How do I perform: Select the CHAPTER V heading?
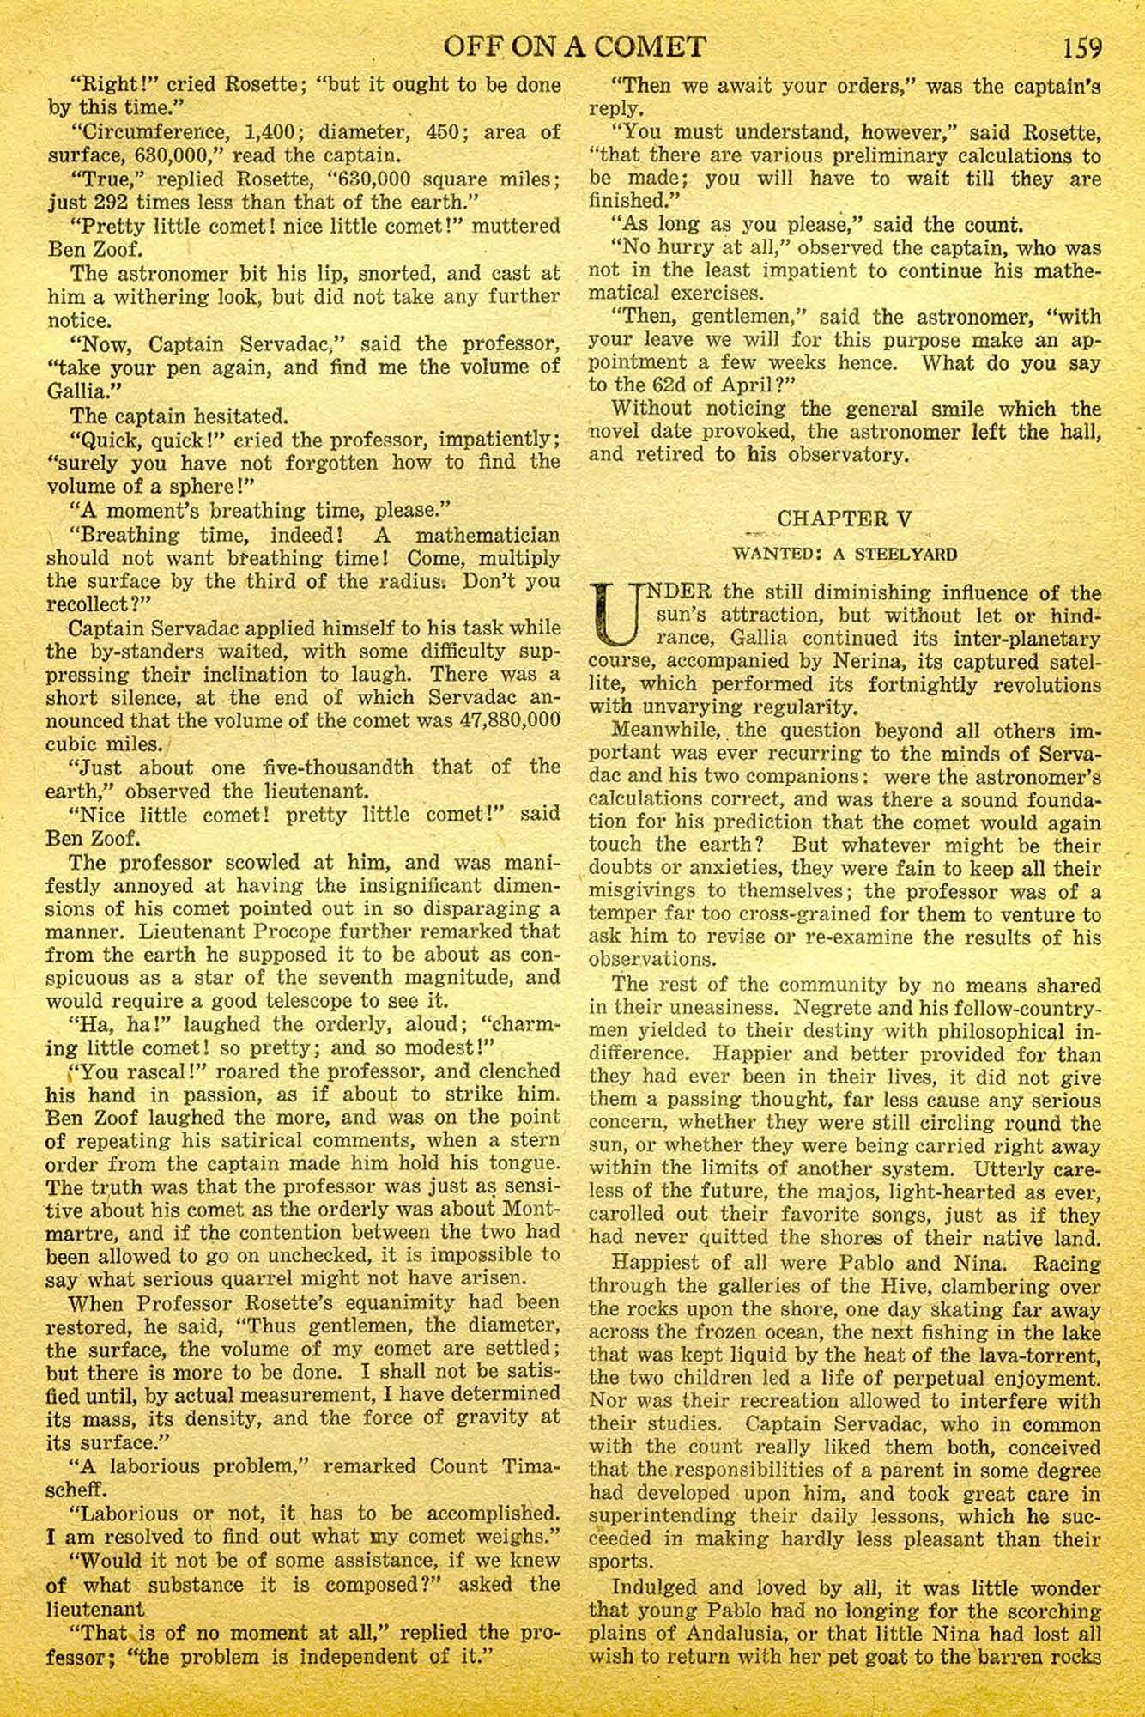tap(845, 519)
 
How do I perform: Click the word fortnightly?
tap(881, 685)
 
